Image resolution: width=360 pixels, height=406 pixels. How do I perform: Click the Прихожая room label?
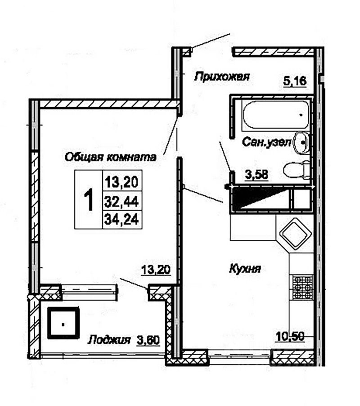click(x=222, y=77)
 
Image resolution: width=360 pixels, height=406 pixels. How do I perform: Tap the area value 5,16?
click(x=295, y=81)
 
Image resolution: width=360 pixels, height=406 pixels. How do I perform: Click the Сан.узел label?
click(x=267, y=142)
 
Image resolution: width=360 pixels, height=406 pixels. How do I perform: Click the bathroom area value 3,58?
click(x=256, y=175)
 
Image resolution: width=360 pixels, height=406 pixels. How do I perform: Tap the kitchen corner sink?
click(x=296, y=234)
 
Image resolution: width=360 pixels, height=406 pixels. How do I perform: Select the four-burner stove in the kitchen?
click(x=302, y=287)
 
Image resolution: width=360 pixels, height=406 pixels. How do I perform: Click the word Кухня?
click(x=245, y=269)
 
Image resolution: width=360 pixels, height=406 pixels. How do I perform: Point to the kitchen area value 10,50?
click(x=290, y=337)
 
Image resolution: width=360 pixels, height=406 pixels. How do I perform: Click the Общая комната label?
click(x=111, y=157)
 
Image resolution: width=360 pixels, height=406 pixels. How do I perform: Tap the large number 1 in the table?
click(x=89, y=200)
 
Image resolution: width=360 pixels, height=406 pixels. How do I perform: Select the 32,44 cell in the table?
click(x=122, y=201)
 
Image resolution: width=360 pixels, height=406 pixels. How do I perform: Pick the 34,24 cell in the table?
click(x=122, y=220)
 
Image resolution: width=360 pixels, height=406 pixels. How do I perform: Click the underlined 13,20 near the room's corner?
click(x=156, y=270)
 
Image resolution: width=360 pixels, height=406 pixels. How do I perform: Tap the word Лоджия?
click(x=109, y=340)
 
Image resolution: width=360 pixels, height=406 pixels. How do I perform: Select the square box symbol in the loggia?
click(x=63, y=323)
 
